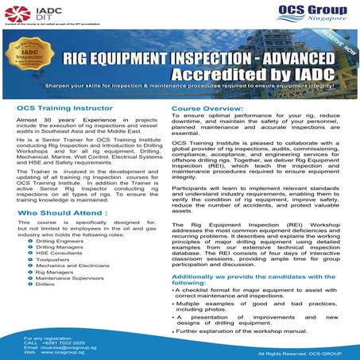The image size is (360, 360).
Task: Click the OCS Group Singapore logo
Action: (x=311, y=14)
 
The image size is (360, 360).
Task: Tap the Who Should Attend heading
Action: (x=60, y=215)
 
